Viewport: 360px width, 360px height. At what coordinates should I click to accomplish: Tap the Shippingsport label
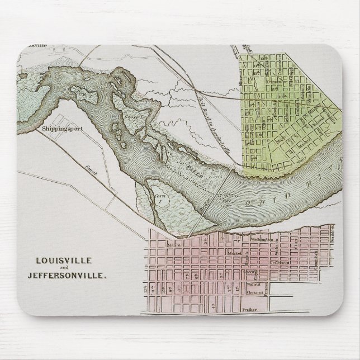[61, 128]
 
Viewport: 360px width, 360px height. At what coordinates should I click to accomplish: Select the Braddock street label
[331, 235]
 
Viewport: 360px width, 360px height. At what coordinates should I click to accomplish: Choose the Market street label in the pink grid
[233, 252]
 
